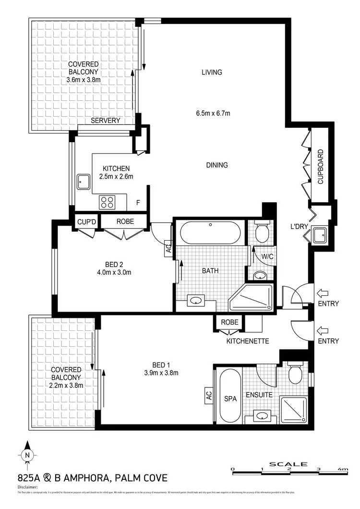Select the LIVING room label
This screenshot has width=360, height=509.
(212, 73)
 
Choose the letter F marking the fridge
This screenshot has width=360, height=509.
(138, 203)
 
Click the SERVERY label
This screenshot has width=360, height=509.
(105, 121)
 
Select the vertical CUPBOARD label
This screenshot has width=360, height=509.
(320, 167)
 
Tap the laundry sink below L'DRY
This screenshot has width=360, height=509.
(319, 235)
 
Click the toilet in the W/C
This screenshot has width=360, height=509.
(262, 232)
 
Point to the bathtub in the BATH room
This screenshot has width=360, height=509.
(210, 234)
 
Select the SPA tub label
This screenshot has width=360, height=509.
(231, 399)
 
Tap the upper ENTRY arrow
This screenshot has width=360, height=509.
(322, 293)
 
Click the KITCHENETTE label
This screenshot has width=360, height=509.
(247, 341)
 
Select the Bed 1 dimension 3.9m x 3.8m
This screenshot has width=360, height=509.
(161, 373)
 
